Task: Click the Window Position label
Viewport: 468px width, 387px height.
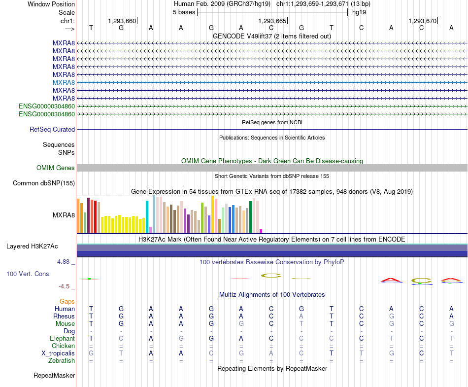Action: (x=51, y=4)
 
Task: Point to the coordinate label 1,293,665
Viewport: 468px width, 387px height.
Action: (x=272, y=21)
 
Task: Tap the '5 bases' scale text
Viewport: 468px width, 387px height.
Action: (x=184, y=12)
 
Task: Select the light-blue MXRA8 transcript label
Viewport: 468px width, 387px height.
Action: (x=64, y=82)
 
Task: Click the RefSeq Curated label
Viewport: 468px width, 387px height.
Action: (x=52, y=129)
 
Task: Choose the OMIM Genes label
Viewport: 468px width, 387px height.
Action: (x=55, y=168)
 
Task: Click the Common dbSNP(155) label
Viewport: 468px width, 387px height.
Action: (x=44, y=183)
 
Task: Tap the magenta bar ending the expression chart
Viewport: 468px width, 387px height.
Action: (x=261, y=231)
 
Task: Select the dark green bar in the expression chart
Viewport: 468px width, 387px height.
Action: (x=250, y=217)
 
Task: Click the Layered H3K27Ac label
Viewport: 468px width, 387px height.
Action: (x=32, y=246)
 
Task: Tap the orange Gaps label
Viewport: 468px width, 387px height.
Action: (x=67, y=302)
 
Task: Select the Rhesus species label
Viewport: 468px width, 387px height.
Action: (x=64, y=316)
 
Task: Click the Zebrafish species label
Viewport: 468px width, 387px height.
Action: (x=62, y=361)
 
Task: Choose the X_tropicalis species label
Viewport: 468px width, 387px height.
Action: (x=58, y=353)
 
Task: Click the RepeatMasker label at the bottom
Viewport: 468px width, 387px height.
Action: (x=54, y=375)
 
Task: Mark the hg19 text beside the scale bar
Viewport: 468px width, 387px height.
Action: (x=359, y=12)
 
